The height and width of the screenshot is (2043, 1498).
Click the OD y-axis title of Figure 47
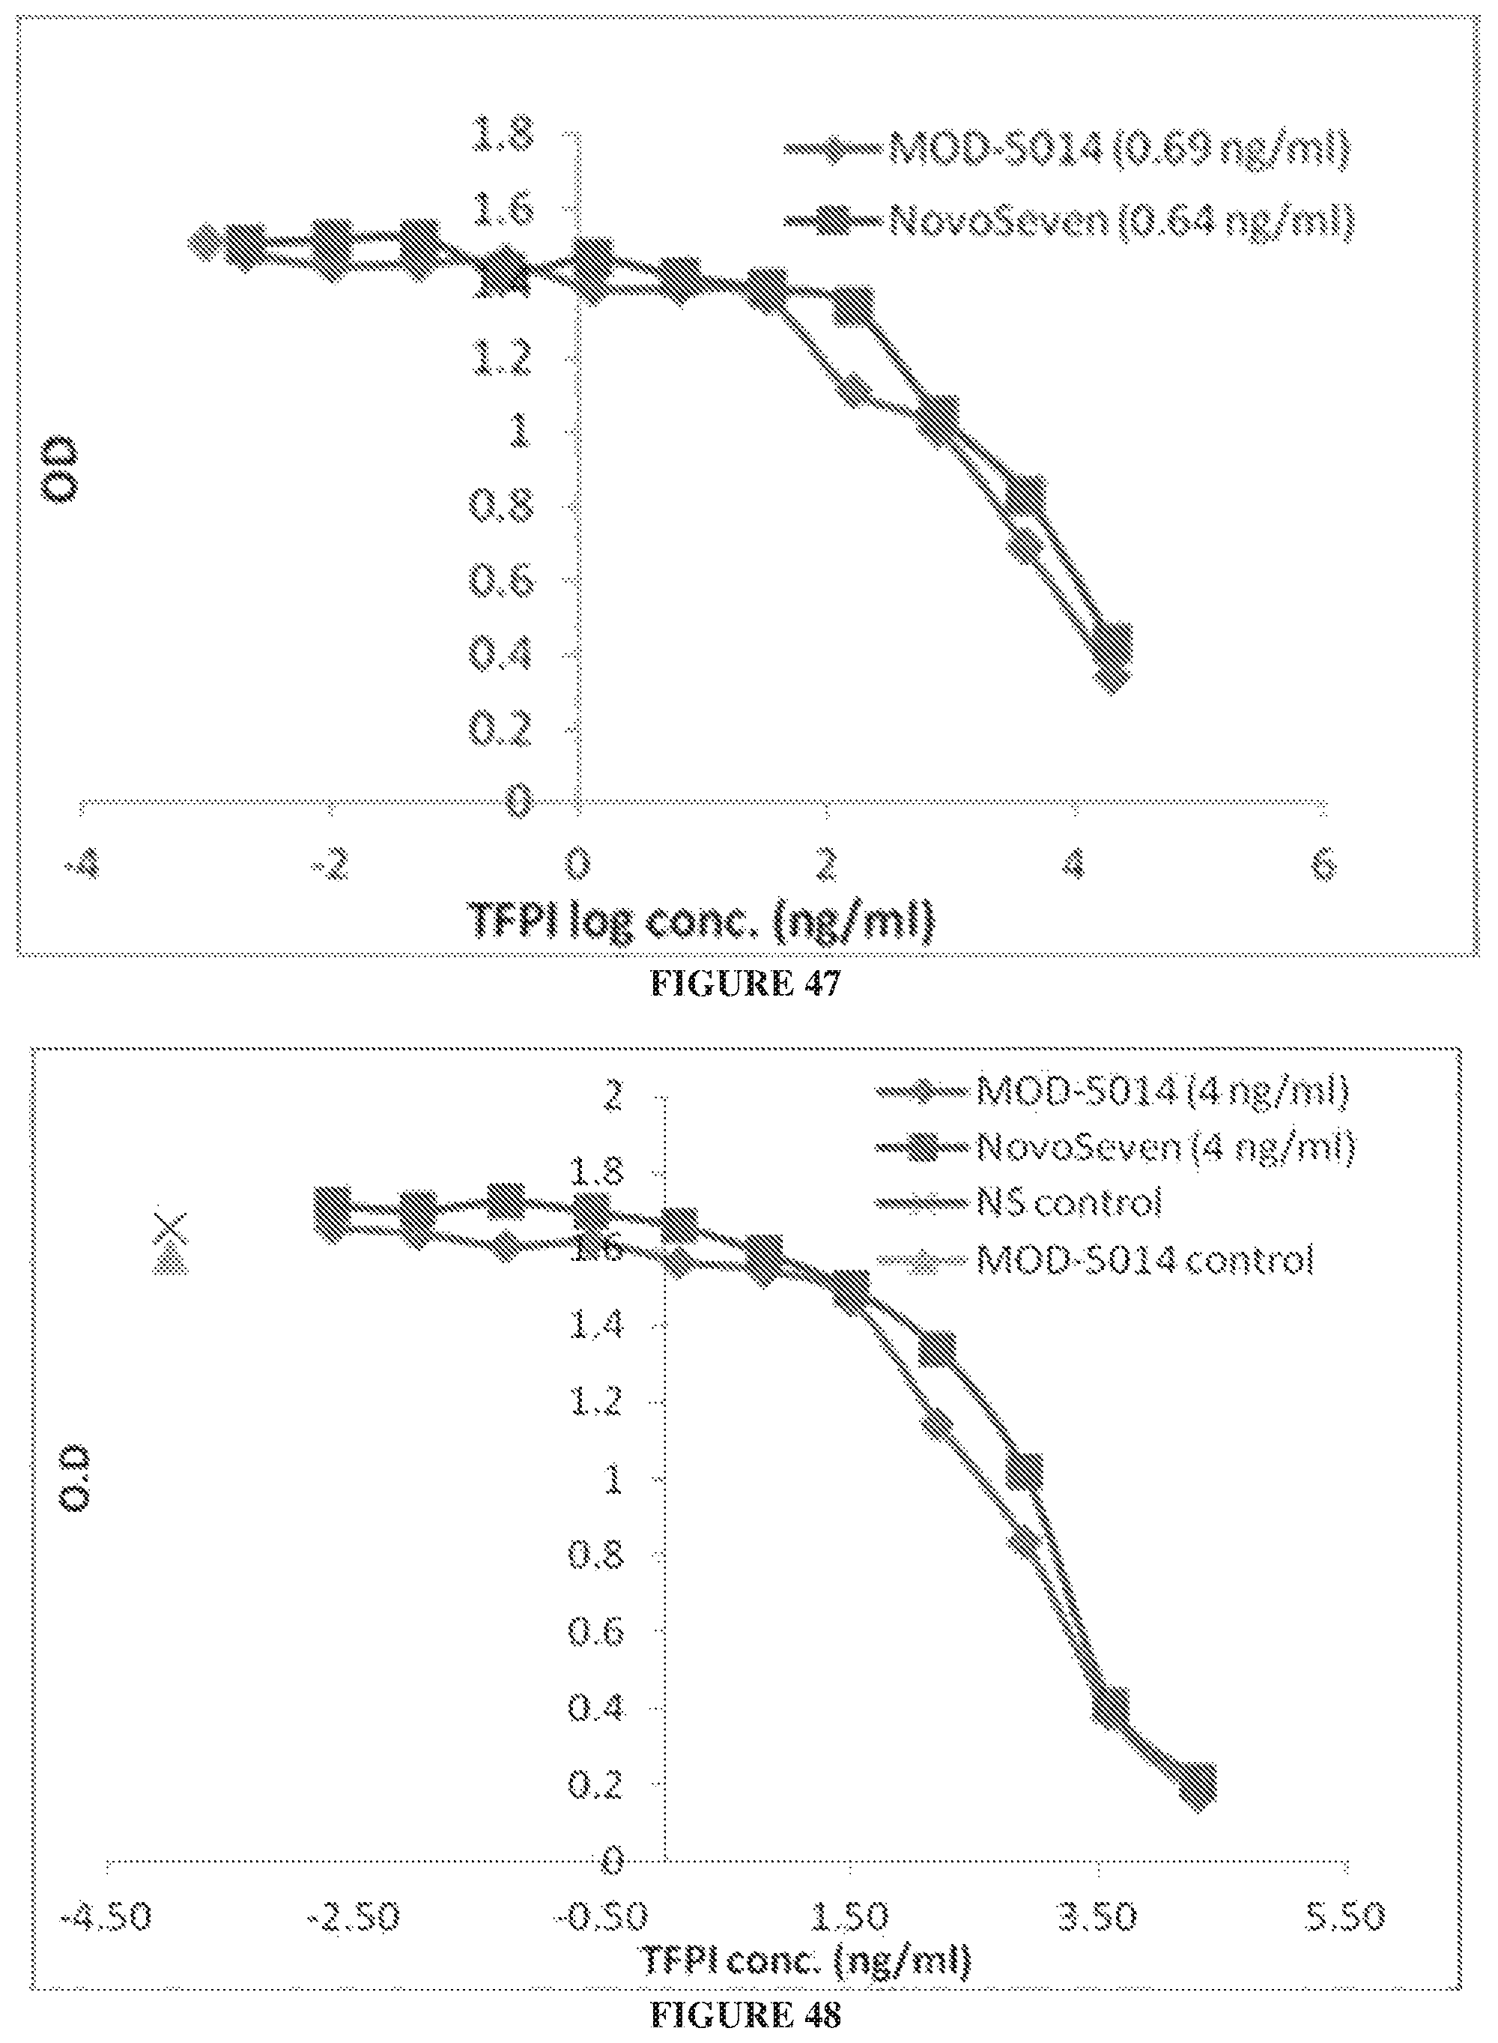pyautogui.click(x=64, y=470)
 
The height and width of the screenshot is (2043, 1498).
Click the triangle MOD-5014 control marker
pyautogui.click(x=169, y=1262)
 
